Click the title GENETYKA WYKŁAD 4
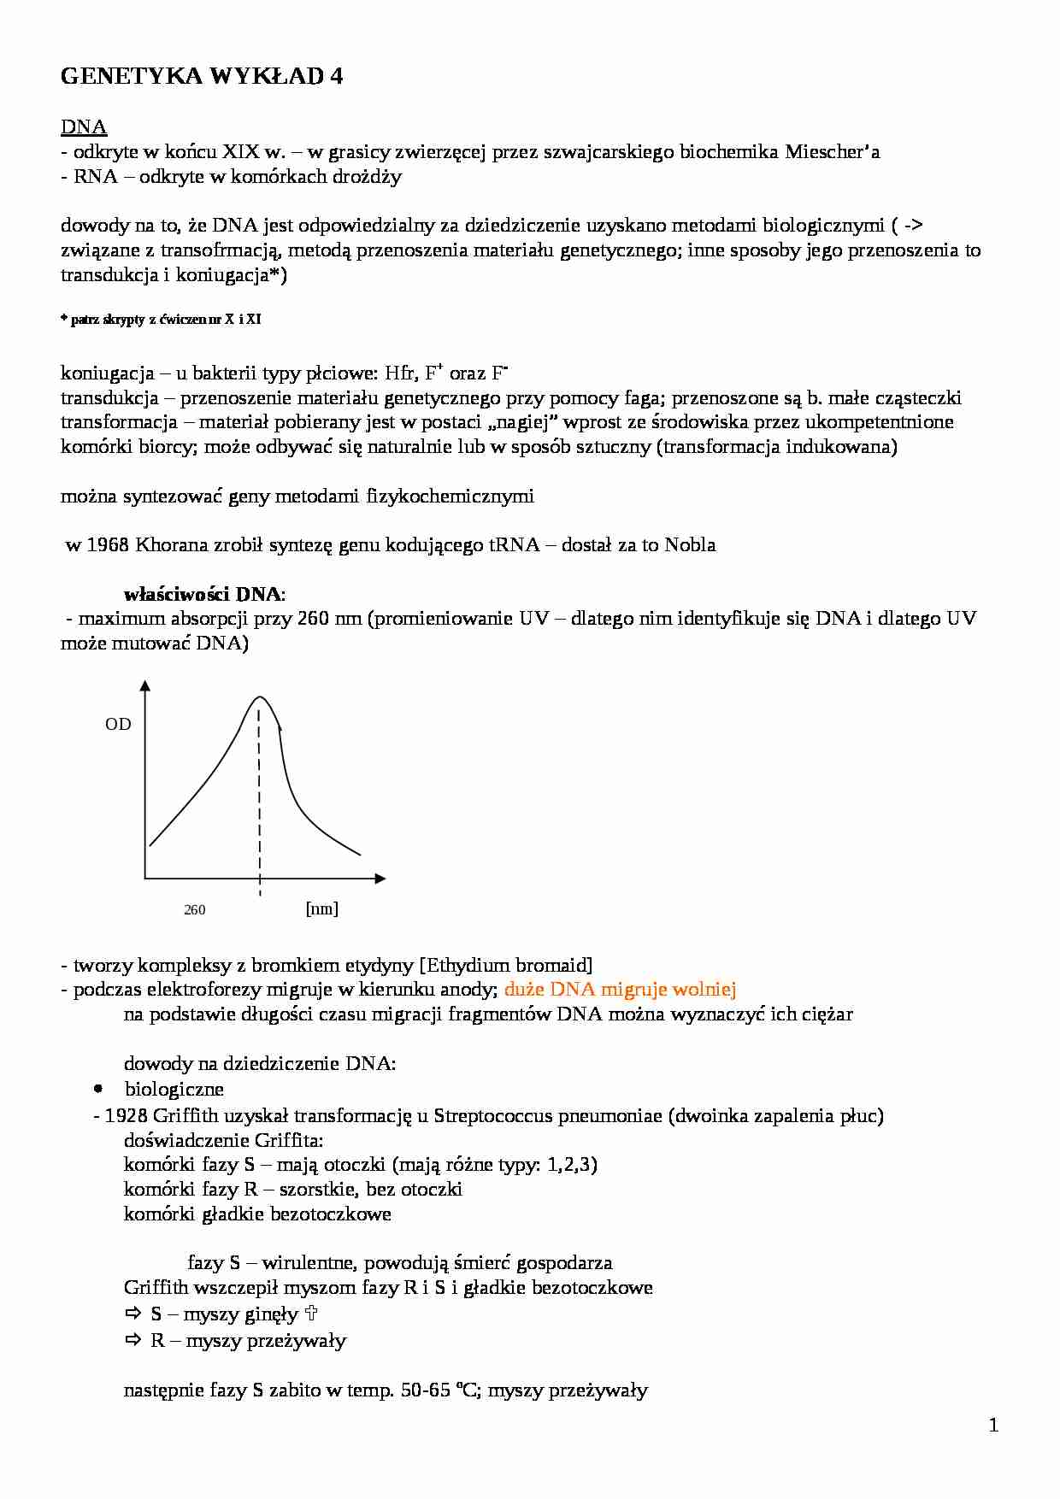coord(202,77)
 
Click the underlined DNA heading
coord(84,127)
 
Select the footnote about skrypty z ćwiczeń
coord(161,320)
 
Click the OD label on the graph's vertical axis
coord(118,724)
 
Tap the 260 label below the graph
coord(194,909)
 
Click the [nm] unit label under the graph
coord(321,908)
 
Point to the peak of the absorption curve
coord(261,697)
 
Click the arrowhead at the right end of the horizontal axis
coord(380,878)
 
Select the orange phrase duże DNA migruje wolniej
coord(620,990)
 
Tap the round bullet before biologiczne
coord(98,1089)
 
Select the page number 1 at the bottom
coord(993,1425)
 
